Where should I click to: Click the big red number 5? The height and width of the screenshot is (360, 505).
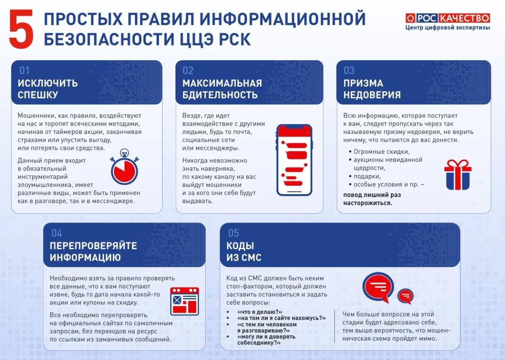point(21,29)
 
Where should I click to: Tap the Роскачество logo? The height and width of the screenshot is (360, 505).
point(448,18)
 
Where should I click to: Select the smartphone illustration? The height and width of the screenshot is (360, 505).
point(295,160)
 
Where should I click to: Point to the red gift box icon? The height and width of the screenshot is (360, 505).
point(458,175)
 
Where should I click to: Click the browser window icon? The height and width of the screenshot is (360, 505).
point(184,301)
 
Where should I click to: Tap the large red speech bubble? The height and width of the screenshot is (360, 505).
point(378,288)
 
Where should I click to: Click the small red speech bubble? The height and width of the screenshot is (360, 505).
point(405,296)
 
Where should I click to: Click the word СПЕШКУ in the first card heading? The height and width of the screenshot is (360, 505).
point(38,95)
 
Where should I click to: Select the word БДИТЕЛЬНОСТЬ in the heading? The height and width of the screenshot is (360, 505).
point(220,95)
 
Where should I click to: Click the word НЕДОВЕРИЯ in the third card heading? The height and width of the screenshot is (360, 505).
point(372,95)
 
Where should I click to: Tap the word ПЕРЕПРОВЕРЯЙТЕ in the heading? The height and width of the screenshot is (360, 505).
point(93,245)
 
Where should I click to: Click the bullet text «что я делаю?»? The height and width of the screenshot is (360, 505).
point(260,312)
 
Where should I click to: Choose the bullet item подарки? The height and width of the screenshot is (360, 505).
point(367,176)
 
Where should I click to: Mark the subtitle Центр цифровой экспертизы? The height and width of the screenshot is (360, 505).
point(448,28)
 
